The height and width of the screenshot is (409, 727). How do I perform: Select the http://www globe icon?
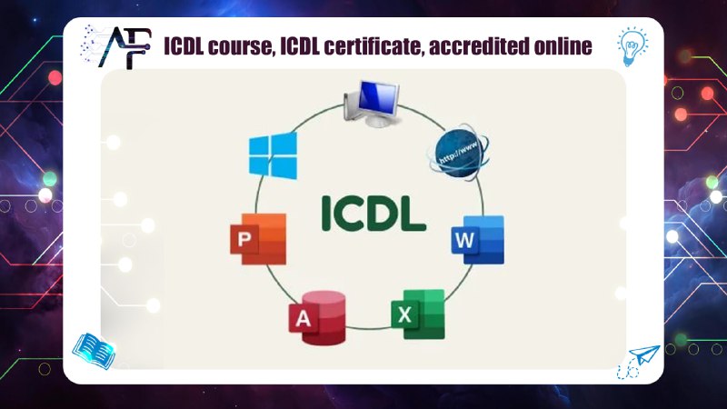click(x=458, y=151)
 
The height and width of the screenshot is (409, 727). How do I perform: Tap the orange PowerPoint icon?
click(x=258, y=239)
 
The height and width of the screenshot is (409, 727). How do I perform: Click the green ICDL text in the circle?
click(x=373, y=212)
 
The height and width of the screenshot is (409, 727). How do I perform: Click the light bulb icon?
click(x=632, y=44)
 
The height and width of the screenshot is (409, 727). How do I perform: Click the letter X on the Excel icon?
click(x=403, y=317)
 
